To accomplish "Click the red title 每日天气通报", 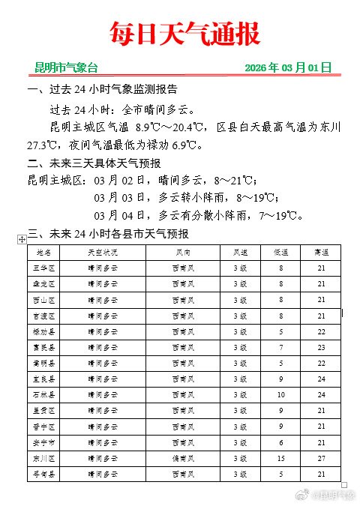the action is point(184,34).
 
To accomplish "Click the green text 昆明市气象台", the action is point(66,67).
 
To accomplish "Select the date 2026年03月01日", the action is point(288,67).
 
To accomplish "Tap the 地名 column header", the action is point(43,252).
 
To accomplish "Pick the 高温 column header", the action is point(321,252).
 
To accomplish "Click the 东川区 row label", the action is point(43,458).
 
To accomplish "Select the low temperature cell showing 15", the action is point(281,458).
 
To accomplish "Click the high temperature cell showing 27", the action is point(321,458).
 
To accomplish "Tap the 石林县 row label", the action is point(43,394).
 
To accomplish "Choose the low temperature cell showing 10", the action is point(281,394).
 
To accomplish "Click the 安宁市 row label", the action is point(43,442).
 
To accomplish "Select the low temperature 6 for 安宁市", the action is point(281,442).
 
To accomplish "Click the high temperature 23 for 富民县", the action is point(321,347).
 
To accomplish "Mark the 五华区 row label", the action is point(43,268).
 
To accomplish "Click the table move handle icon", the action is point(22,238).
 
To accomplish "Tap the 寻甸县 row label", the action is point(43,474).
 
